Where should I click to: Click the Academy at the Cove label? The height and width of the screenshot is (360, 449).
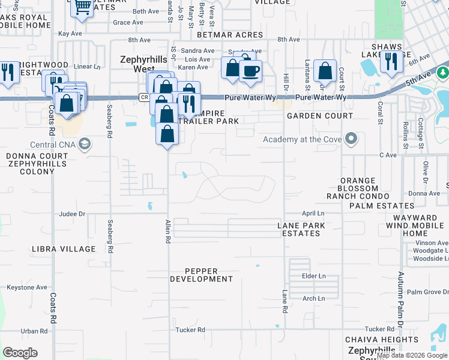(302, 140)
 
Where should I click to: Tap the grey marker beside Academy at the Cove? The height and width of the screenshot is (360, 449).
(351, 140)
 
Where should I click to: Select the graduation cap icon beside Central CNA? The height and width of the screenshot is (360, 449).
(85, 144)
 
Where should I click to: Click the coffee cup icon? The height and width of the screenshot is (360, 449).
(250, 71)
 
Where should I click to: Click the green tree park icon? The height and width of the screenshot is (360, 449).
(443, 73)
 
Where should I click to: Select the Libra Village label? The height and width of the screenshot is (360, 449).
(65, 248)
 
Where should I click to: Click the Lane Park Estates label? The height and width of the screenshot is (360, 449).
(301, 229)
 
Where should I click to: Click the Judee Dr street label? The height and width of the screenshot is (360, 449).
(73, 214)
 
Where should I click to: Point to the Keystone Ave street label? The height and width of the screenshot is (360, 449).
(26, 287)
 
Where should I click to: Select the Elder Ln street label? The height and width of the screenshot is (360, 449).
(313, 276)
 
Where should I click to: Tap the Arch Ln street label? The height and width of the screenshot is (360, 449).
(313, 298)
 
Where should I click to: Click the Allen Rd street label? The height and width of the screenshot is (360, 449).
(168, 231)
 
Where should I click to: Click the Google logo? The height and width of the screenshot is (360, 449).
(20, 353)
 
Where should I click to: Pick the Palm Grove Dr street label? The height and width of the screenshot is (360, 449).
(427, 292)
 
